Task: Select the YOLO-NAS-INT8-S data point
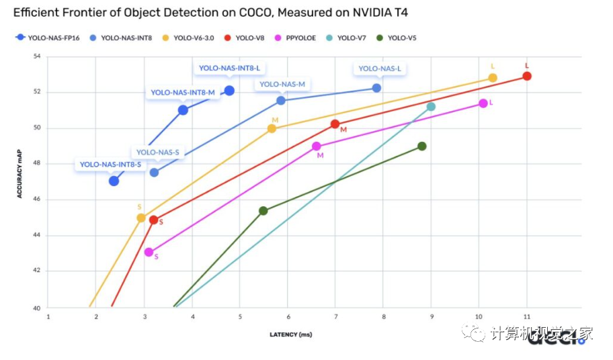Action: pyautogui.click(x=114, y=181)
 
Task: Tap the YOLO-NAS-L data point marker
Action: pyautogui.click(x=376, y=88)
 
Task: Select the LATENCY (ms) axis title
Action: pyautogui.click(x=290, y=334)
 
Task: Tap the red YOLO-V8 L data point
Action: pyautogui.click(x=527, y=76)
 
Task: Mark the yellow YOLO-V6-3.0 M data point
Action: pyautogui.click(x=272, y=128)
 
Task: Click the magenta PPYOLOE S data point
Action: pyautogui.click(x=149, y=253)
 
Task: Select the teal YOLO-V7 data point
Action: pyautogui.click(x=431, y=107)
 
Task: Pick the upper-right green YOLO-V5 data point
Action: pyautogui.click(x=422, y=146)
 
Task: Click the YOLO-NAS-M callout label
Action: pyautogui.click(x=282, y=84)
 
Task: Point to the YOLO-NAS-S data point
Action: pyautogui.click(x=154, y=173)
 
